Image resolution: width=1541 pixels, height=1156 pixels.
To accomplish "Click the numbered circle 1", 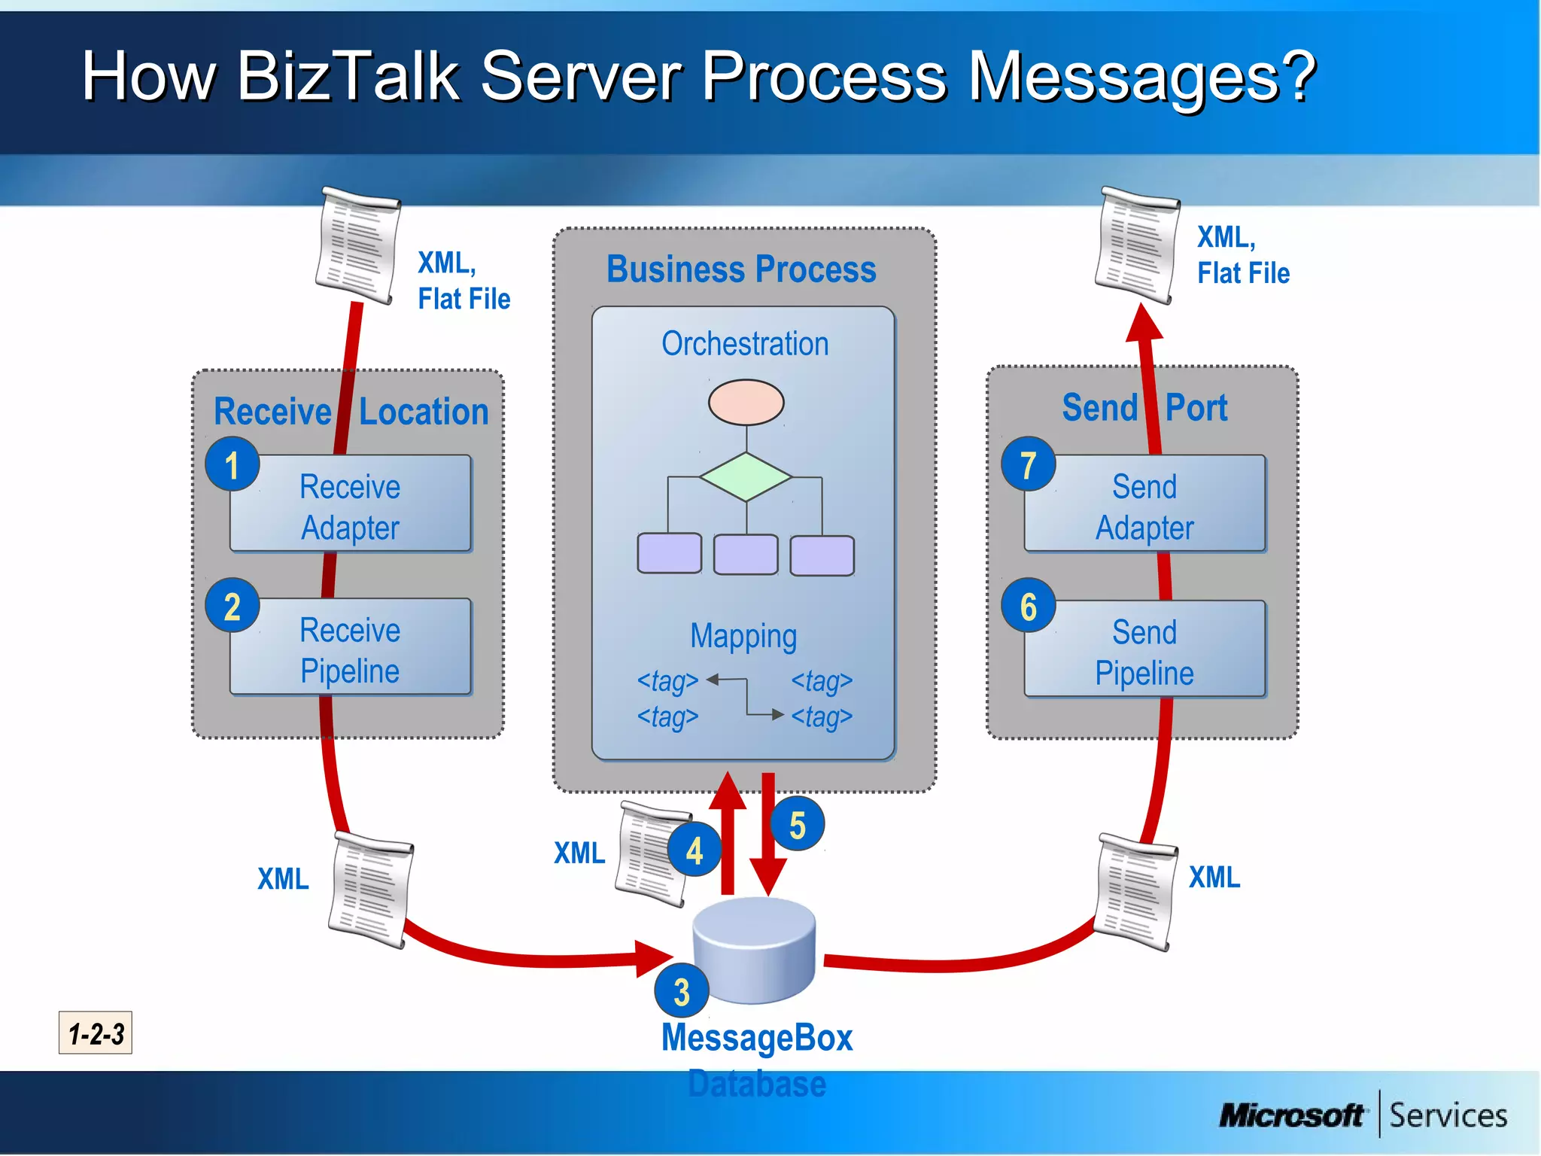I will click(233, 464).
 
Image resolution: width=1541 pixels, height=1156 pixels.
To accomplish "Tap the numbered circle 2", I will click(233, 606).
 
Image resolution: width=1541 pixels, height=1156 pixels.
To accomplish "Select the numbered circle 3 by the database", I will click(682, 991).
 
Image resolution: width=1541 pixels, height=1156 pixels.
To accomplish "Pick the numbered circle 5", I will click(797, 825).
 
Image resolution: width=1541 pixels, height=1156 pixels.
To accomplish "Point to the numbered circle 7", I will click(1028, 464).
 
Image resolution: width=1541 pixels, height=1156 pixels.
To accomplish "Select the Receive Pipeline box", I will click(351, 649).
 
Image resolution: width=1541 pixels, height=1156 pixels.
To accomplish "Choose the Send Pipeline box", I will click(1144, 651).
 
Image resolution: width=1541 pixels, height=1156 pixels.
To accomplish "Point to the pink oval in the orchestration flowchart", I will click(746, 403).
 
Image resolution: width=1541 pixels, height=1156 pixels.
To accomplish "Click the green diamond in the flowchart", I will click(746, 477).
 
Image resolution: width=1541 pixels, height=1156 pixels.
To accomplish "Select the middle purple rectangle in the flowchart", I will click(746, 555).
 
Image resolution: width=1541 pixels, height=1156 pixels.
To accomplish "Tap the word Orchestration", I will click(745, 344).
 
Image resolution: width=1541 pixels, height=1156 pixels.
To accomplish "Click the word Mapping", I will click(743, 637).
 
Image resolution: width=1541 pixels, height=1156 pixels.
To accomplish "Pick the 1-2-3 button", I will click(96, 1033).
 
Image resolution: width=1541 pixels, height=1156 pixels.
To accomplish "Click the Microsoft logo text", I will click(1291, 1115).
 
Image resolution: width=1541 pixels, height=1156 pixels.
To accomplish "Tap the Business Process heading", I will click(741, 269).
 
